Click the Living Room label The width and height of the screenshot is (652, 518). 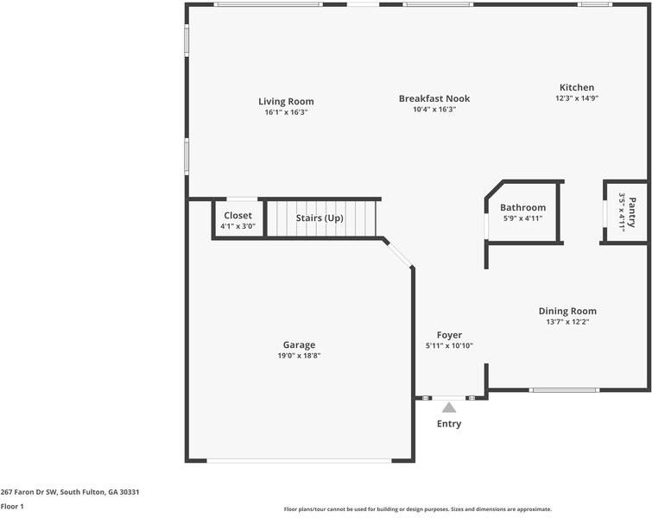point(286,101)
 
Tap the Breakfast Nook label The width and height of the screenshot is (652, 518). point(434,98)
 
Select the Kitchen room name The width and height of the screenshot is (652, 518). point(576,87)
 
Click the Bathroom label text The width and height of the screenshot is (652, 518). point(522,207)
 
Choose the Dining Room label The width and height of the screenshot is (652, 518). point(567,311)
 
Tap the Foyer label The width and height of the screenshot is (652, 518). point(448,335)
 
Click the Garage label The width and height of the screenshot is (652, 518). point(299,344)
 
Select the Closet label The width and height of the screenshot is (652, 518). point(237,215)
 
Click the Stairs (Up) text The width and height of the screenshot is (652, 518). point(320,218)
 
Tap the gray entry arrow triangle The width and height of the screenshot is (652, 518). point(449,407)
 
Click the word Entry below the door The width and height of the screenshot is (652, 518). point(449,424)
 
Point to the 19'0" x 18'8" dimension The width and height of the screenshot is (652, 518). point(299,356)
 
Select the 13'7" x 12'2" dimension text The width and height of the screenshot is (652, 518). point(567,322)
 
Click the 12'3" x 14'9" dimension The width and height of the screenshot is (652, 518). point(576,98)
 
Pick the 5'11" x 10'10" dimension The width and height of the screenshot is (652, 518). point(448,346)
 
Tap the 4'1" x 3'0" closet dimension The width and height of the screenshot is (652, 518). point(237,226)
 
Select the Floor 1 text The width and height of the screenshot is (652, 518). point(12,507)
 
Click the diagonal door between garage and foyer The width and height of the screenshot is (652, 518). point(398,253)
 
